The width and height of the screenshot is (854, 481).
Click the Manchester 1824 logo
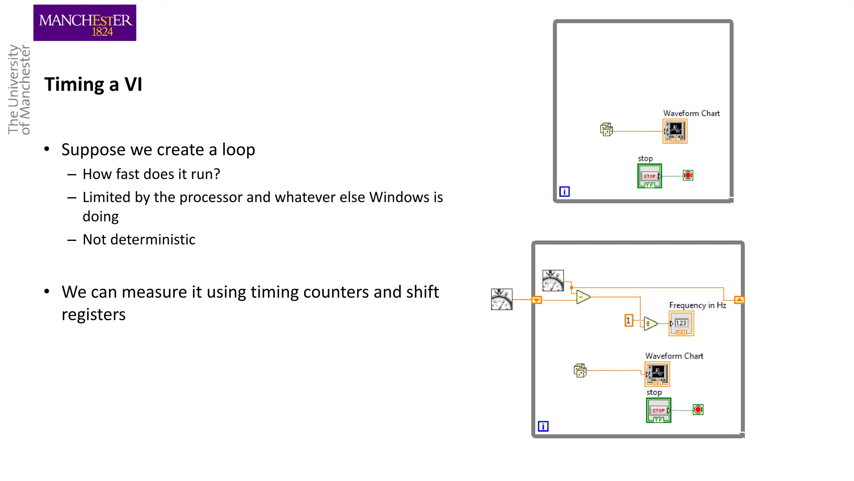pos(85,23)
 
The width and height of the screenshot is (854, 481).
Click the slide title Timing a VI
pos(93,84)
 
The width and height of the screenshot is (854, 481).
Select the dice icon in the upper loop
pos(606,129)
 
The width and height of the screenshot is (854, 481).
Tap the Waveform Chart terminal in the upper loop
pos(675,131)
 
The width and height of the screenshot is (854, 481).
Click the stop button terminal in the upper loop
pos(649,176)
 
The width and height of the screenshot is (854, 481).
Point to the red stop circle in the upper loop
pos(688,175)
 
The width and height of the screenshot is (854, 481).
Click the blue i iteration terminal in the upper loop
pos(564,192)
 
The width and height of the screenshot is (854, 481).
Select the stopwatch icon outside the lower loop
pos(502,299)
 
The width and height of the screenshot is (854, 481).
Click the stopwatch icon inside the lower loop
pos(553,281)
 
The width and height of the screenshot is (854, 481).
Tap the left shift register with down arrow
pos(537,300)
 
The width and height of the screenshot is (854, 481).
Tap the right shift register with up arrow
pos(739,300)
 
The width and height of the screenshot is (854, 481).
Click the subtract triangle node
pos(583,297)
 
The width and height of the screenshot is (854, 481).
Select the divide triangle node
pos(650,324)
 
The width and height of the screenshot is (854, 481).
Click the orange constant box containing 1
pos(628,321)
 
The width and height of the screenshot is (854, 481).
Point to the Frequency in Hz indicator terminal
pos(681,324)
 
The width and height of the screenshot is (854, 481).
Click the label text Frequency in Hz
pos(698,305)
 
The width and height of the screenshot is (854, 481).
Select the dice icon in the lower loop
pos(580,370)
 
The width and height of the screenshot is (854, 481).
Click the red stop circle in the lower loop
pos(698,410)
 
